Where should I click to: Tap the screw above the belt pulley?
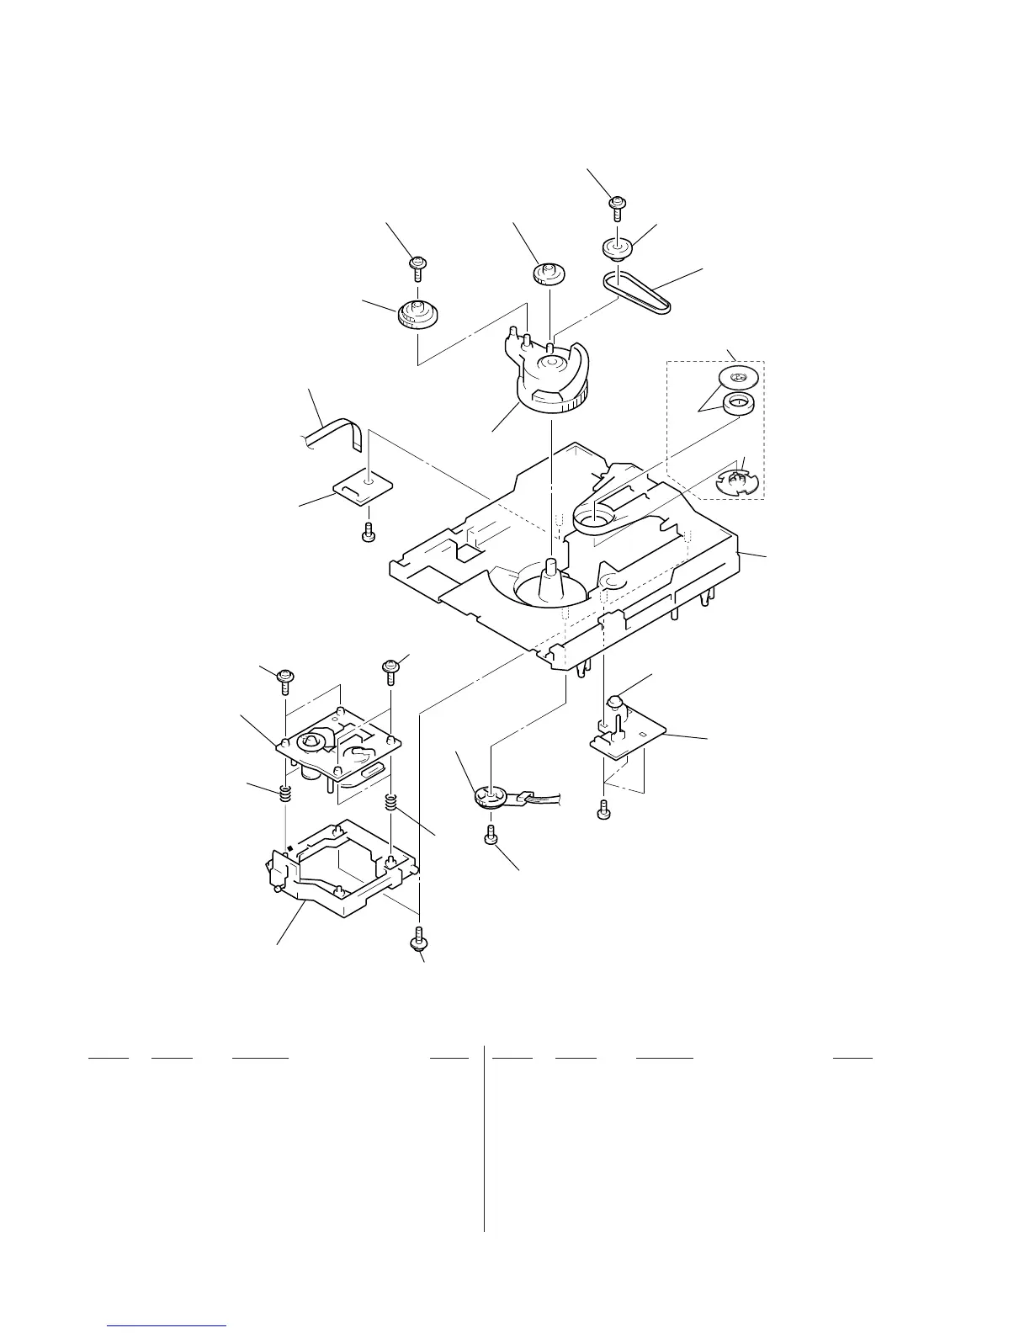click(x=617, y=205)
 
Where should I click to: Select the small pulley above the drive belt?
click(x=619, y=248)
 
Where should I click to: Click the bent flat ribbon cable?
click(x=337, y=433)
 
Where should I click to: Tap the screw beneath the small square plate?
click(x=368, y=534)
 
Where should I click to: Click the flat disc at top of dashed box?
click(x=740, y=375)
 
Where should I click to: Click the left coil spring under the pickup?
click(x=286, y=793)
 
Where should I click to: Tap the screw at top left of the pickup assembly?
click(x=285, y=677)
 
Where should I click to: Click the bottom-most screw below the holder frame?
click(x=418, y=938)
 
